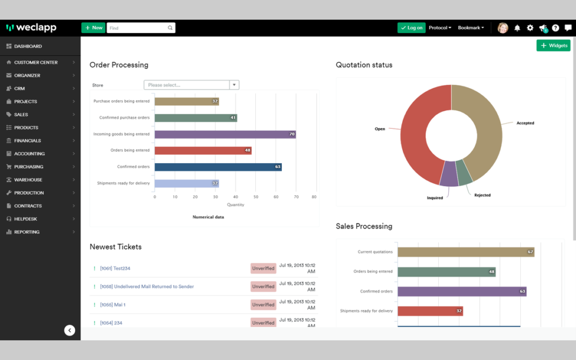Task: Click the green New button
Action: pos(93,28)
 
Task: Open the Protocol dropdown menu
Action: pos(440,28)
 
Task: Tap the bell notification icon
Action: pos(517,28)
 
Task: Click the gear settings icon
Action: pos(530,28)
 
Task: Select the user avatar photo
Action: pos(502,28)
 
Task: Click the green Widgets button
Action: pos(553,46)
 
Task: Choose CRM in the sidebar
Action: pos(20,88)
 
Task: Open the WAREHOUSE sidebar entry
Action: pos(28,179)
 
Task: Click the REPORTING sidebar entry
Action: pos(27,232)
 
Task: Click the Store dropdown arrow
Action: pos(234,85)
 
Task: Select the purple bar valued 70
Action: pos(225,134)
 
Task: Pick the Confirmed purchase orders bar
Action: pos(196,118)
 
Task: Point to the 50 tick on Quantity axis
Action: pos(256,197)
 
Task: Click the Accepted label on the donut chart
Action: pos(525,123)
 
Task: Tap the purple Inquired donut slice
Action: pos(449,174)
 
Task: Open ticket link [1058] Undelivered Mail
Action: pos(147,286)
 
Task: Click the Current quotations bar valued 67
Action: pos(466,252)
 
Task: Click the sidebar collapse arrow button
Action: pos(70,330)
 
